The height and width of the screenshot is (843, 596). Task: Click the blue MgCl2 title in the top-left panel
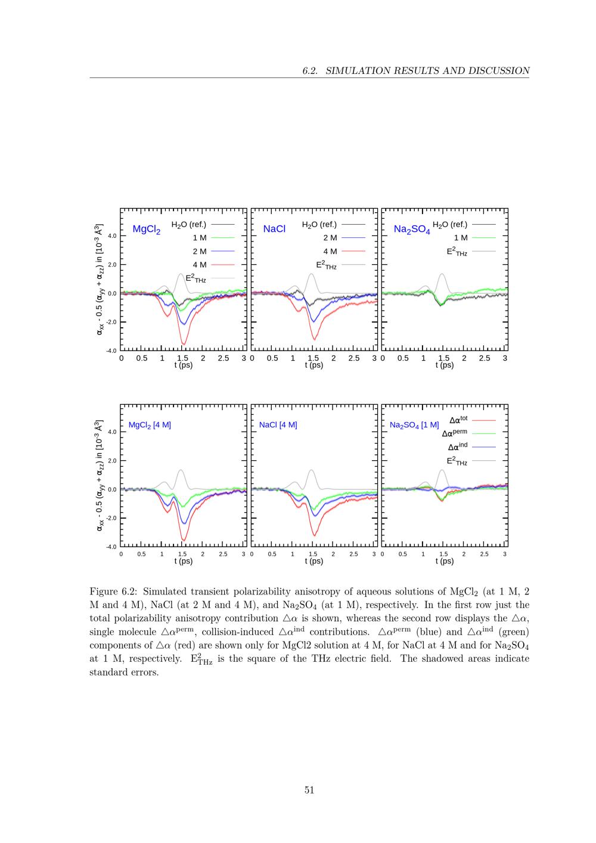(x=146, y=230)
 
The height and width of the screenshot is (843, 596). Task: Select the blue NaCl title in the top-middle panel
(x=274, y=229)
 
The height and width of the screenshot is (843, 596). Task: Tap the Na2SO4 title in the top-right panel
(x=411, y=230)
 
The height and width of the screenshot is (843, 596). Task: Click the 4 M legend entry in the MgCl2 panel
(x=200, y=265)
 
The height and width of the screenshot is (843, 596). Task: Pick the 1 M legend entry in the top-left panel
(x=200, y=238)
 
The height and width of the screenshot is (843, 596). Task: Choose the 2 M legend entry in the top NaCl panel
(x=330, y=238)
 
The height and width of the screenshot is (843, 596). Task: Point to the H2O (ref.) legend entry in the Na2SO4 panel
(x=450, y=225)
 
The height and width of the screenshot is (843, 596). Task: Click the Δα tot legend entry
(x=458, y=420)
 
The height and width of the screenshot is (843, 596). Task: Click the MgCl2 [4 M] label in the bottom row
(x=150, y=425)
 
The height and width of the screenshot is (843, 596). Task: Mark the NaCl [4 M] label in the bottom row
(x=278, y=425)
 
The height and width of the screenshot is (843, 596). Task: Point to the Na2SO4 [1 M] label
(x=414, y=426)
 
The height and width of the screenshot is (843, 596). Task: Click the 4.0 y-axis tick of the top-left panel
(x=111, y=235)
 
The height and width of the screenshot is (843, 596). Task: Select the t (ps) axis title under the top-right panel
(x=444, y=365)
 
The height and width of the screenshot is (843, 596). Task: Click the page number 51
(x=309, y=790)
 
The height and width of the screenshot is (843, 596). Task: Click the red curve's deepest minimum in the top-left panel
(x=184, y=343)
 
